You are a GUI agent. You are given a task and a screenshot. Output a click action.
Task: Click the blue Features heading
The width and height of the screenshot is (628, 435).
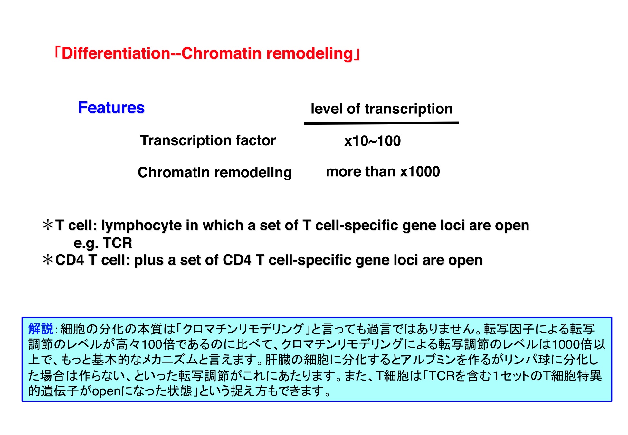(111, 108)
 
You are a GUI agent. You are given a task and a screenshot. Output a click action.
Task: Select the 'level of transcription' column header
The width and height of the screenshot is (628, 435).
(382, 109)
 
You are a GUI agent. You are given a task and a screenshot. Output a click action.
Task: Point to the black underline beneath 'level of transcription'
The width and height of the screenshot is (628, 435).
(381, 123)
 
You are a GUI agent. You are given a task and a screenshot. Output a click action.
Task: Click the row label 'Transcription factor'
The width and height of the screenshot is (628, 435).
(208, 140)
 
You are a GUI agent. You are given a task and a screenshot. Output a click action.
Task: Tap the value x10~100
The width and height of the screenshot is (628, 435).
(373, 141)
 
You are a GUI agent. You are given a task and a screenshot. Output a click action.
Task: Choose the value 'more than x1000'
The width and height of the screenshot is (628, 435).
(383, 171)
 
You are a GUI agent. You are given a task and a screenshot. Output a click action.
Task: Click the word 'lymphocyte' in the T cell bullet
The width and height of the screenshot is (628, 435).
(141, 226)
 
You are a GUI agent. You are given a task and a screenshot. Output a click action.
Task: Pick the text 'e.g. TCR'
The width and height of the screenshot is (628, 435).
(103, 243)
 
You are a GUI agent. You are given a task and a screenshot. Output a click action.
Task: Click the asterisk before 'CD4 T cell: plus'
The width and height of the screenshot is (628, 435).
(48, 260)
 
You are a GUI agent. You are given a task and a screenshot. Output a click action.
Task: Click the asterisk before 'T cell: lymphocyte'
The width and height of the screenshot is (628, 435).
(48, 225)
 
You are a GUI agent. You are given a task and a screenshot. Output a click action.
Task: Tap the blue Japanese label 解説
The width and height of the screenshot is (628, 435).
(41, 329)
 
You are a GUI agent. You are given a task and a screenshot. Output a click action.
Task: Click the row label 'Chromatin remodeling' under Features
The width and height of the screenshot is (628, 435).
(215, 172)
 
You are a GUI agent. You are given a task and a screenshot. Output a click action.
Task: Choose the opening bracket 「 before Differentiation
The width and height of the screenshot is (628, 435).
(57, 53)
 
